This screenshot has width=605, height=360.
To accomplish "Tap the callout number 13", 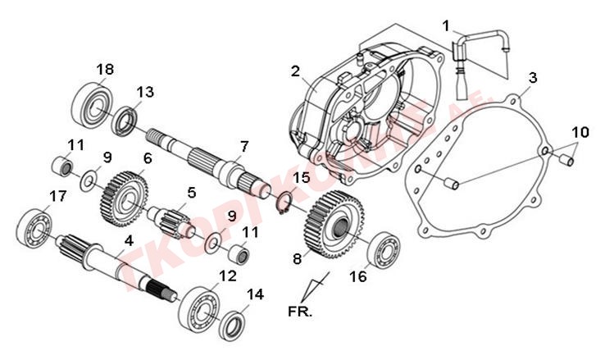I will click(x=144, y=92).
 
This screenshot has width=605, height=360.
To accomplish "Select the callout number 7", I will click(x=243, y=147).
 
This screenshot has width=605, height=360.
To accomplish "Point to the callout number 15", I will click(x=302, y=177).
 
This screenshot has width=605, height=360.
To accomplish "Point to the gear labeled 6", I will click(x=125, y=194).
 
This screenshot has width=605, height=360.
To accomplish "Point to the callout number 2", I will click(x=295, y=71).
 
